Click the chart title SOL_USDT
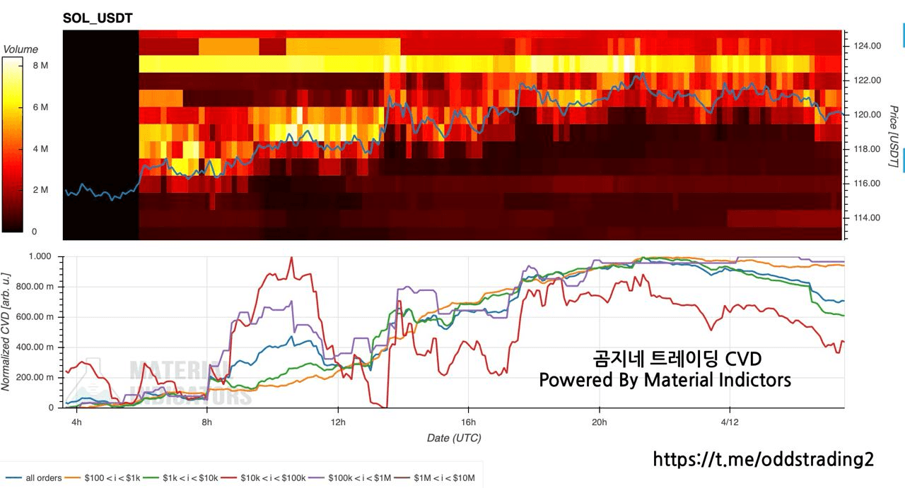point(98,17)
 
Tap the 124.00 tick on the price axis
point(867,46)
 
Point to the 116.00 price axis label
point(867,184)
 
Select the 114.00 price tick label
point(867,218)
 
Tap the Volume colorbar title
point(21,49)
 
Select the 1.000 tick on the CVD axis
point(40,256)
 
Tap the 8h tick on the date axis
point(207,422)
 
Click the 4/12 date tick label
point(730,422)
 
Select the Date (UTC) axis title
point(454,438)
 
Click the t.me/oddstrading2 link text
point(763,460)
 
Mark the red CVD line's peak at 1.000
point(291,257)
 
